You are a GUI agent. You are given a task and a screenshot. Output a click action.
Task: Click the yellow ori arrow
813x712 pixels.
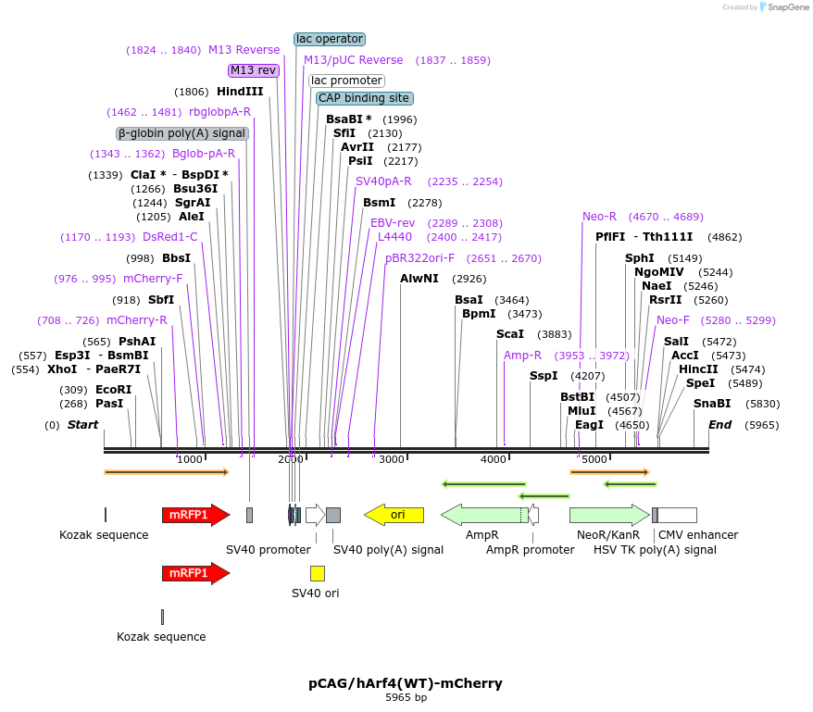click(x=394, y=515)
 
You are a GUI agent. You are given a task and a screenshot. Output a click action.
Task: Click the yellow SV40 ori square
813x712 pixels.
click(x=318, y=573)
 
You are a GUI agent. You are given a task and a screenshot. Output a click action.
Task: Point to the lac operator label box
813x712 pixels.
click(x=330, y=39)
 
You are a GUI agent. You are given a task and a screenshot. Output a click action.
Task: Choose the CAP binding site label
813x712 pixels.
click(x=363, y=98)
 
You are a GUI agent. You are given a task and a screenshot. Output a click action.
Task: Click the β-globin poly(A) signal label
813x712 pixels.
click(x=182, y=133)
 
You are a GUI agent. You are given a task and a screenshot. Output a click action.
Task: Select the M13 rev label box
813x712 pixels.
click(x=254, y=70)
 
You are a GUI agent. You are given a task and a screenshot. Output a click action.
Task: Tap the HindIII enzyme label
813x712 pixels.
click(x=240, y=92)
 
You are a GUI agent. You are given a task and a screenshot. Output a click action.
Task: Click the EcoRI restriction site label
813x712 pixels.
click(x=114, y=390)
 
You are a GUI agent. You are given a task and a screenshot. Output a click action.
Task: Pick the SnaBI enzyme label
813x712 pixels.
click(x=712, y=404)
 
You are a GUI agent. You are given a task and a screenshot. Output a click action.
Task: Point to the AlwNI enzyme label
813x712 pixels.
click(x=419, y=279)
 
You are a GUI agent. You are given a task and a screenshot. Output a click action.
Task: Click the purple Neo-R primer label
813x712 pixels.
click(x=599, y=217)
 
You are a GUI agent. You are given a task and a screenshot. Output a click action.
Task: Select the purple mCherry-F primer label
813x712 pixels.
click(x=153, y=279)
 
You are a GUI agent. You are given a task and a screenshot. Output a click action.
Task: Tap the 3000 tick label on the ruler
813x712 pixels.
click(x=392, y=459)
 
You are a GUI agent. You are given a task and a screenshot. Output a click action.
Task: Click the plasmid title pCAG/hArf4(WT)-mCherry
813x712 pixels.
click(x=406, y=683)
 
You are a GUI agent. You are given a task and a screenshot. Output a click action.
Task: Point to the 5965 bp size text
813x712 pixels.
click(x=406, y=698)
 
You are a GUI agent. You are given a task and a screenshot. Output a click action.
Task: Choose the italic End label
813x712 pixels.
click(x=719, y=425)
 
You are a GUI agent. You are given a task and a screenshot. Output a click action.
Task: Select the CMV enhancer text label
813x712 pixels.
click(x=698, y=535)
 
